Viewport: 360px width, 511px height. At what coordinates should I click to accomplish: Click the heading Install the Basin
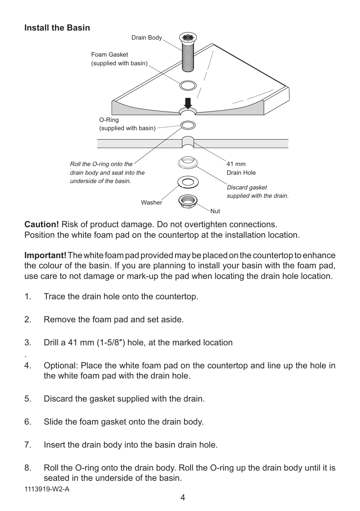(x=57, y=28)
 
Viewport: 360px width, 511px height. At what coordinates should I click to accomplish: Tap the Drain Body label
(x=146, y=38)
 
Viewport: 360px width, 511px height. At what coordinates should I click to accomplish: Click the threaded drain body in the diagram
(x=188, y=57)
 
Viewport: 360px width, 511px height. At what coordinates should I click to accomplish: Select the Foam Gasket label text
(x=109, y=55)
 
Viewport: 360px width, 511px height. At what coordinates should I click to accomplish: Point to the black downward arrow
(x=188, y=103)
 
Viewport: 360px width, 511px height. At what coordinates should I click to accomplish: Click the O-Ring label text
(x=109, y=120)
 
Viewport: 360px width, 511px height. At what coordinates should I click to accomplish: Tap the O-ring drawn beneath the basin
(x=188, y=125)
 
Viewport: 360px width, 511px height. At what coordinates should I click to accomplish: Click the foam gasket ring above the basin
(x=188, y=85)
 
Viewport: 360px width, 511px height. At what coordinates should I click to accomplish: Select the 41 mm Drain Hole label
(x=241, y=168)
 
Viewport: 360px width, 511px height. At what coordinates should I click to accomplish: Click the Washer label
(x=151, y=203)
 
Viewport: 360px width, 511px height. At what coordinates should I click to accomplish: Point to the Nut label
(x=215, y=211)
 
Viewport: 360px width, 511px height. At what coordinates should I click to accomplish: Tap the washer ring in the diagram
(x=188, y=182)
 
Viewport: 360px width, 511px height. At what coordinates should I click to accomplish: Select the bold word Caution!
(x=42, y=225)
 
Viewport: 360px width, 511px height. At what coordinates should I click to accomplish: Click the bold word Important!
(x=45, y=255)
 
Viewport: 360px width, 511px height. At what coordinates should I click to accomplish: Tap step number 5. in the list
(x=28, y=399)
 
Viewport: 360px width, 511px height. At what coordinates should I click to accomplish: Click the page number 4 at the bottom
(x=183, y=497)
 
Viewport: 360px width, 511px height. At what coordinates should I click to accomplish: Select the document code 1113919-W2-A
(x=47, y=489)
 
